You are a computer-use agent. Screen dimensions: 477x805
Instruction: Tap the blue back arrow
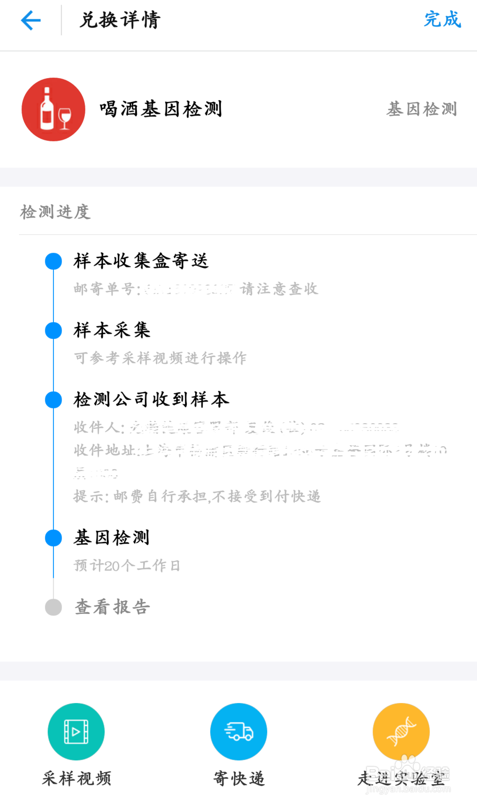31,20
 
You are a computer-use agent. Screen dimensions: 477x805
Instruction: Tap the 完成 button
442,20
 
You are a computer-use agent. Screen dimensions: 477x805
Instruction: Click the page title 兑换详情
120,20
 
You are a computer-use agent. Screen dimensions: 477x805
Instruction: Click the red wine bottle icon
53,110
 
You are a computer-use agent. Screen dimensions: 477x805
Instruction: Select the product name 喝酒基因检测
161,109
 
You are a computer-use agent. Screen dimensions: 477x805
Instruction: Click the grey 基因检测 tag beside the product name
422,109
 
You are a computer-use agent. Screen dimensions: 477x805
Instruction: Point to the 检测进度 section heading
55,212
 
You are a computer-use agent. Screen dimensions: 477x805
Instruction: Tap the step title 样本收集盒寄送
141,261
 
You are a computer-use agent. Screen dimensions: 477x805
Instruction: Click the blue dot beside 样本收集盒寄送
53,261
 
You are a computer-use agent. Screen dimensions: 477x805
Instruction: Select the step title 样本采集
112,330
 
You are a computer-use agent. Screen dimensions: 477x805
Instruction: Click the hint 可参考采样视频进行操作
160,358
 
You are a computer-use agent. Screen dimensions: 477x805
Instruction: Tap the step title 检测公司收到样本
151,399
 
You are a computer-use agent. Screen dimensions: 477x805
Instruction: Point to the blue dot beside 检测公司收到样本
53,400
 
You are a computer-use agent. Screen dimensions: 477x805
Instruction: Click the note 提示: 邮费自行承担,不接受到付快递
197,497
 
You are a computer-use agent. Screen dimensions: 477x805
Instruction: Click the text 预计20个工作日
127,566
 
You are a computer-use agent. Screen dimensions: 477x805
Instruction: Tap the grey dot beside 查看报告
53,607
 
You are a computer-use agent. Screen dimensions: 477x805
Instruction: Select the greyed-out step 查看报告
113,607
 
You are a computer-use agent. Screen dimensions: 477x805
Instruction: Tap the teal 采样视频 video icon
76,731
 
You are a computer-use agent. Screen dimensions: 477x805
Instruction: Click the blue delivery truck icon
238,731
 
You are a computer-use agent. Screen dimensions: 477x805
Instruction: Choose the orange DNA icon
401,731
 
